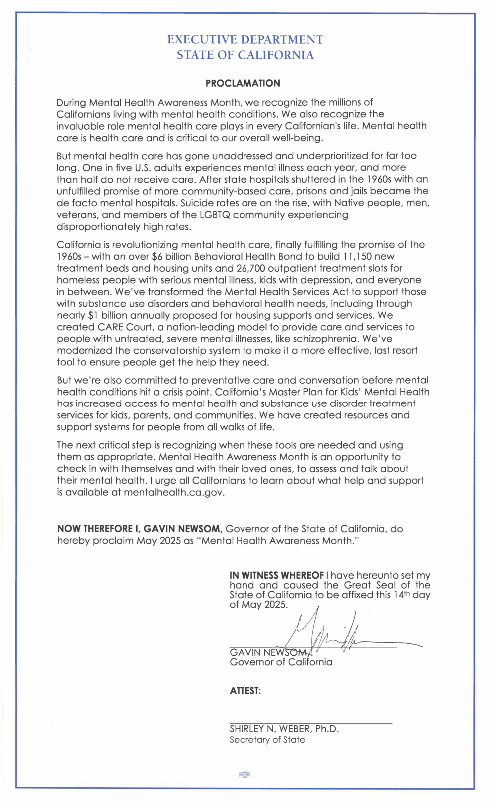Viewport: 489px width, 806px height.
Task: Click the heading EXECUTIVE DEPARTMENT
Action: point(245,40)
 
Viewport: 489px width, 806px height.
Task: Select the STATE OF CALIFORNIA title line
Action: point(245,55)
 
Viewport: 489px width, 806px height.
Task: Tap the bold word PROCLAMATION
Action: point(243,83)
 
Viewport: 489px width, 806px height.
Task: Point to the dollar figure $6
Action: point(158,257)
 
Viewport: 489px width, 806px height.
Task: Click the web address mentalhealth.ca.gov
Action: point(174,493)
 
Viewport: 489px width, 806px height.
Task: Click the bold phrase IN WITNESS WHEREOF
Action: point(276,575)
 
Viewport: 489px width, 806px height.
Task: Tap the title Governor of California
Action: point(280,662)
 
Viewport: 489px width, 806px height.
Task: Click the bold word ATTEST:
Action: point(245,691)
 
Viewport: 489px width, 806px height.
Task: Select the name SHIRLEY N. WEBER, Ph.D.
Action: point(284,729)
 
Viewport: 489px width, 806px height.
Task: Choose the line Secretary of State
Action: point(267,740)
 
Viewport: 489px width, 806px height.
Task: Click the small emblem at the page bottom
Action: point(244,775)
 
